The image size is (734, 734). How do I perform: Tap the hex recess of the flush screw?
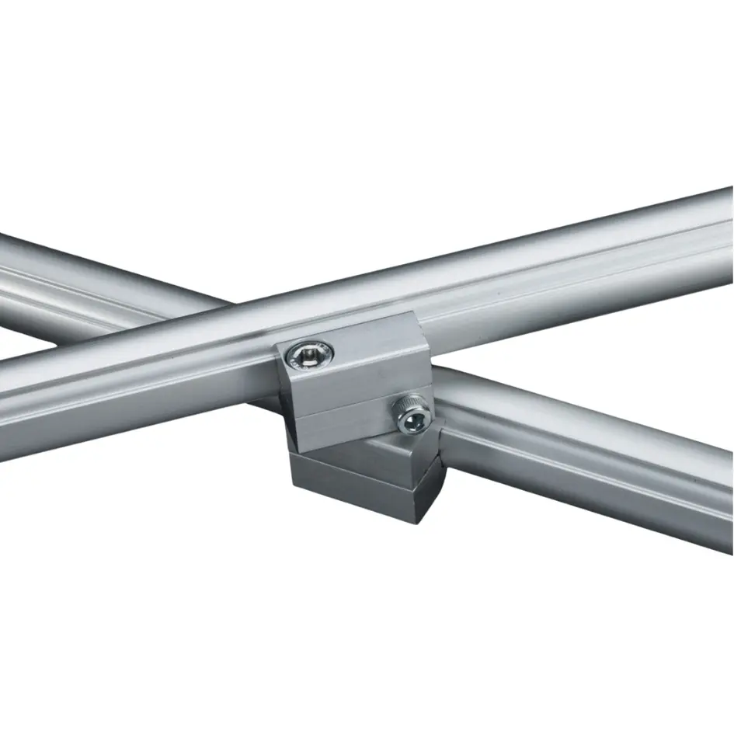tap(309, 356)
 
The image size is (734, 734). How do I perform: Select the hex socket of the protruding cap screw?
tap(413, 421)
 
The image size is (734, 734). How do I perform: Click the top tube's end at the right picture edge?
tap(726, 233)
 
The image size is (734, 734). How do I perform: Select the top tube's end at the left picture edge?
tap(6, 404)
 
